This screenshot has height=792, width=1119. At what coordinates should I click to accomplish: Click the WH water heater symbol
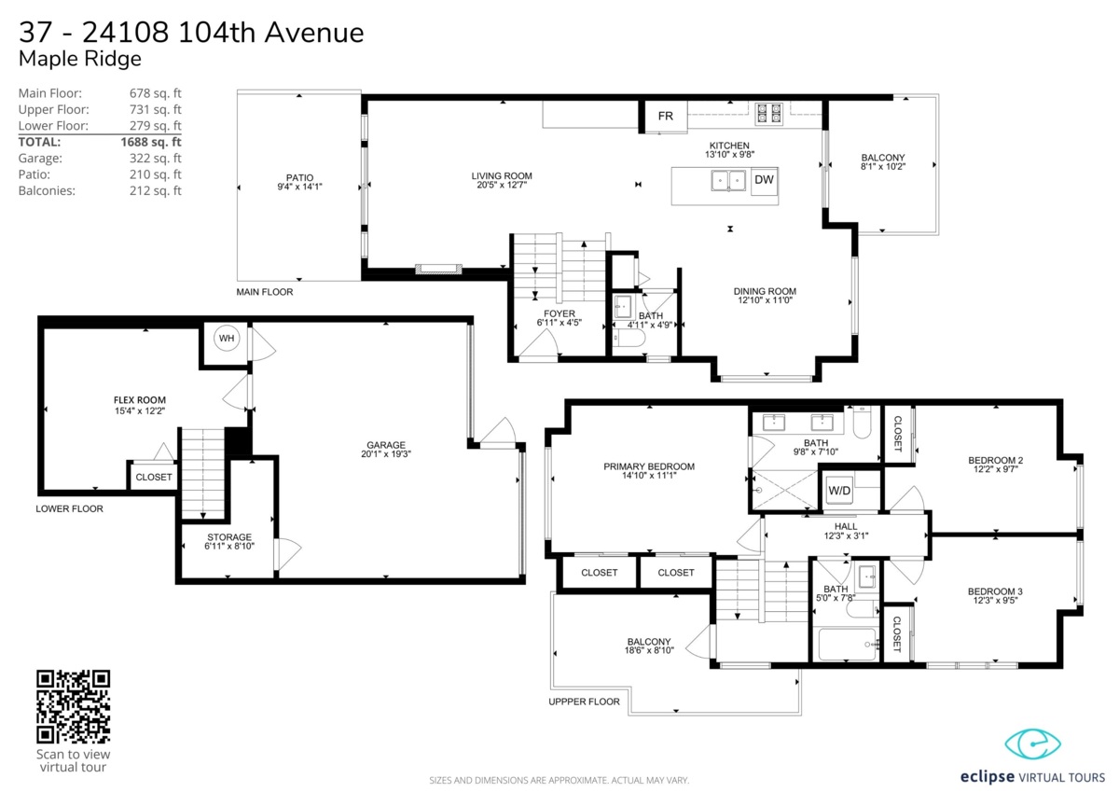(226, 338)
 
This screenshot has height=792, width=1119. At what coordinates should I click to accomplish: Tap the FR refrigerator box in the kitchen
(666, 117)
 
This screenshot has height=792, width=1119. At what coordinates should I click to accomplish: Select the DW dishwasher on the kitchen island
(763, 179)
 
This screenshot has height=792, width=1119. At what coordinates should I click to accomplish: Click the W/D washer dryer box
(839, 490)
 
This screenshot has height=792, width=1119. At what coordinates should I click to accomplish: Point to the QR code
(73, 706)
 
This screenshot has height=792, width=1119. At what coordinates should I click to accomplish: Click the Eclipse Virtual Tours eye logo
(1033, 744)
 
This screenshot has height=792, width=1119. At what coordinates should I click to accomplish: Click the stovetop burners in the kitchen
(768, 112)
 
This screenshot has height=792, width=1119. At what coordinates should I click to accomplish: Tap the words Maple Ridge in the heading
(80, 59)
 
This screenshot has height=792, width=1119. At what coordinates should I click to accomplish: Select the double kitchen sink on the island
(727, 180)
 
